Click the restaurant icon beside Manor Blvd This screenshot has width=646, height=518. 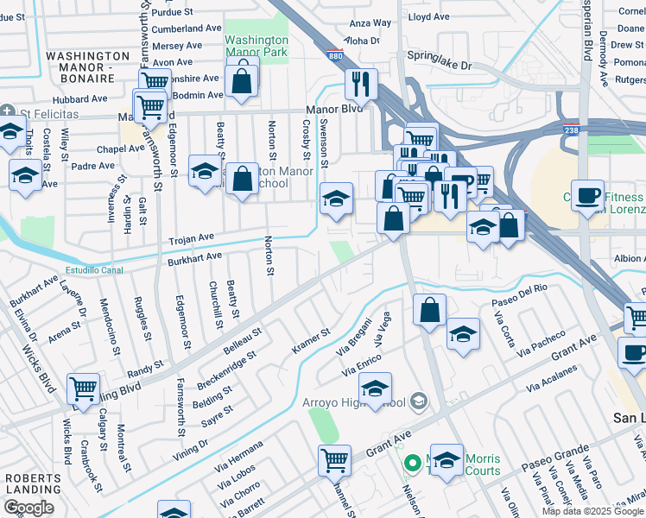click(360, 85)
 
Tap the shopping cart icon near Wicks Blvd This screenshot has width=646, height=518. click(82, 389)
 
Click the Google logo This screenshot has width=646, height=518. click(28, 508)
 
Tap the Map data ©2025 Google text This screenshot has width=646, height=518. click(592, 511)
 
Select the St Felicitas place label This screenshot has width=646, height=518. click(47, 113)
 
